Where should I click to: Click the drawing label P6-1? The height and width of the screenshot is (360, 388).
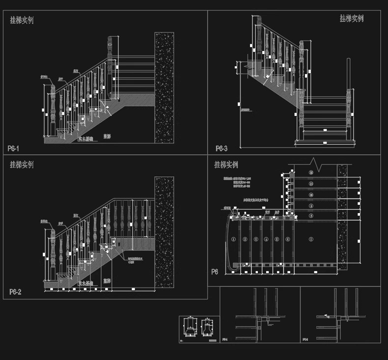[14, 148]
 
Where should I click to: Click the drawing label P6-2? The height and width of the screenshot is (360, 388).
[15, 292]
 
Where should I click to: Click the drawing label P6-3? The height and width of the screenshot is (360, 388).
[222, 148]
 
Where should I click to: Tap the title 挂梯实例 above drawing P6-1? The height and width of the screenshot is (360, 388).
[22, 21]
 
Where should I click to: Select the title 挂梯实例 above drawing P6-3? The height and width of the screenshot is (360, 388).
[352, 18]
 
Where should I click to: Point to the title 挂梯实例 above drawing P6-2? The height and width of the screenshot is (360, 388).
[22, 165]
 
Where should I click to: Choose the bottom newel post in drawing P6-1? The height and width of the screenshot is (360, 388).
[52, 111]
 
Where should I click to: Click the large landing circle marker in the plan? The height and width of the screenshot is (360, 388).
[310, 239]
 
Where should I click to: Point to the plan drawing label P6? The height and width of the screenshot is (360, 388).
[215, 272]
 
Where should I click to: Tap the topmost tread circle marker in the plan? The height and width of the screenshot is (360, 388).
[310, 171]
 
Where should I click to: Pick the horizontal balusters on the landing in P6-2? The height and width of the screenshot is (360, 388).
[133, 216]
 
